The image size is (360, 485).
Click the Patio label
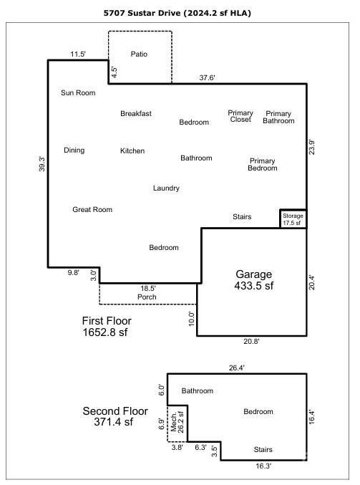click(x=139, y=54)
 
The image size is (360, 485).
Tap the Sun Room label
click(x=78, y=93)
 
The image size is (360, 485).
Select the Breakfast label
click(x=136, y=113)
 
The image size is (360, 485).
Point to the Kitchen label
click(x=132, y=150)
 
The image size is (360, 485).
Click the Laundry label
click(x=166, y=188)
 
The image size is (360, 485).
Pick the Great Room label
click(x=92, y=209)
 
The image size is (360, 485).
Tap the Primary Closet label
click(x=240, y=116)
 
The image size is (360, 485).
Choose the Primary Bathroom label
click(x=278, y=117)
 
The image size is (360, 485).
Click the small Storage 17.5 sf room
click(x=293, y=219)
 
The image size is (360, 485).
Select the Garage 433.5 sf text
click(x=253, y=279)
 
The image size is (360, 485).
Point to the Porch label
click(x=147, y=297)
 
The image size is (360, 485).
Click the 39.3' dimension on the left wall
click(x=42, y=164)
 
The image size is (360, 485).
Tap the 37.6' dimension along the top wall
click(x=207, y=77)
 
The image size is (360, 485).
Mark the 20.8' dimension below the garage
click(x=251, y=341)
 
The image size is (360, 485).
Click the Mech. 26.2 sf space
click(x=177, y=423)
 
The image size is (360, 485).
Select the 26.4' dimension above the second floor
click(x=237, y=368)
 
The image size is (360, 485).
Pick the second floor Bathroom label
click(x=197, y=390)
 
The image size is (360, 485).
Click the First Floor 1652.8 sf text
click(x=107, y=327)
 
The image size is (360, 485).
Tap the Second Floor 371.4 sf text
click(x=115, y=416)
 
